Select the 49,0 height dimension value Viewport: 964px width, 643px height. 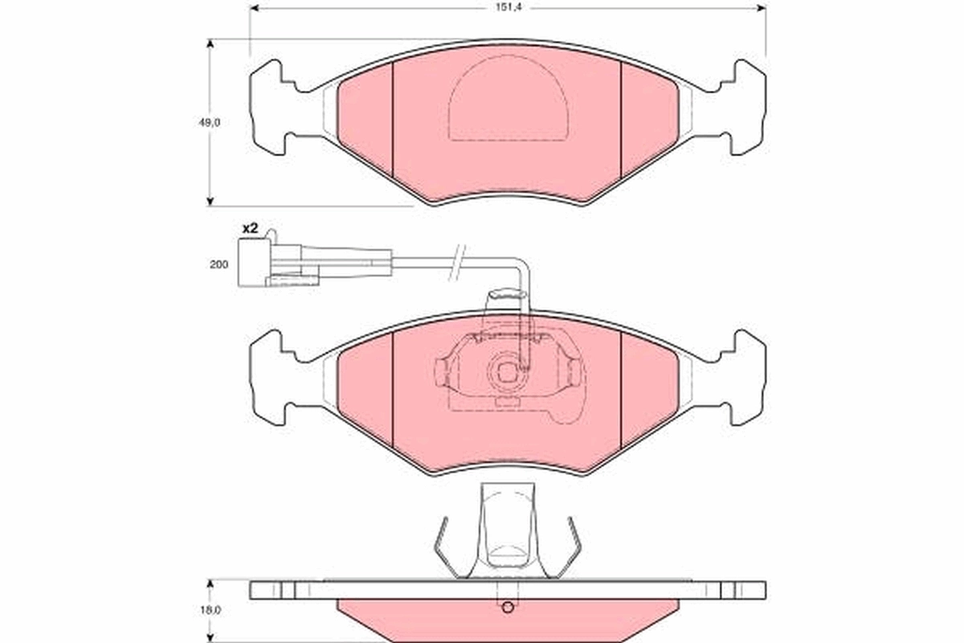tap(210, 122)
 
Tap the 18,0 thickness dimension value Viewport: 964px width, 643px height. tap(210, 610)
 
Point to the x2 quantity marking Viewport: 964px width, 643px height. tap(249, 229)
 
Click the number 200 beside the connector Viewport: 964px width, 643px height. tap(220, 264)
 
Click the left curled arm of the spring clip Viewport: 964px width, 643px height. tap(442, 547)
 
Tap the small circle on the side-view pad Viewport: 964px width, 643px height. tap(506, 608)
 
